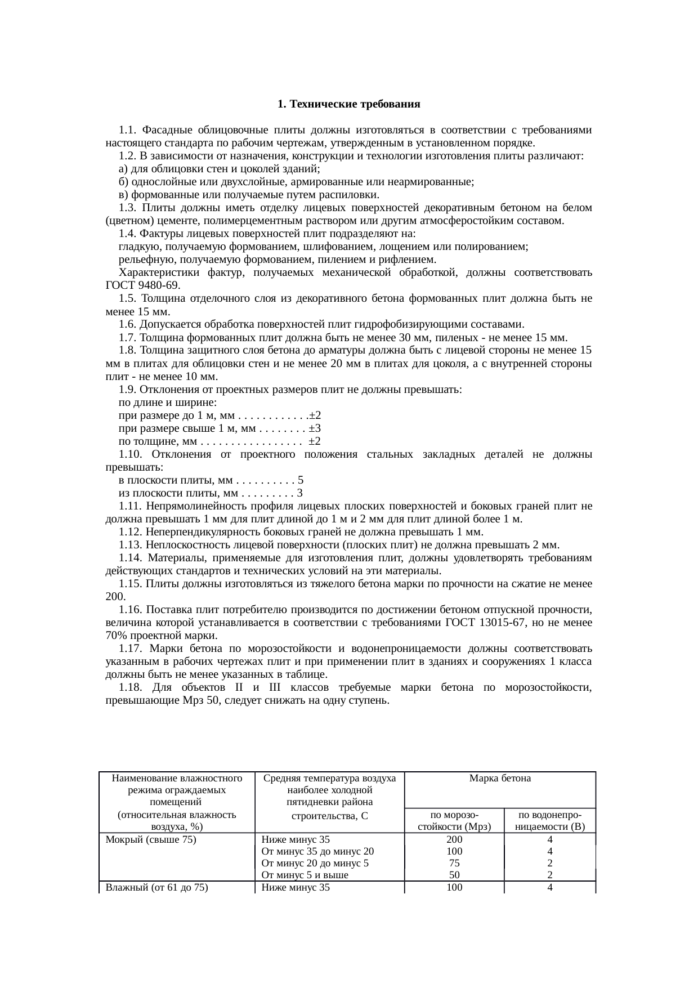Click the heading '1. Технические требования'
pos(349,105)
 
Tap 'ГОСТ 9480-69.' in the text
pos(143,285)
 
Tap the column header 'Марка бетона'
pos(499,779)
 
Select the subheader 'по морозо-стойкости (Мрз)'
pos(454,820)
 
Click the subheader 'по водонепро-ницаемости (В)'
pos(549,820)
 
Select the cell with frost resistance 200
pos(454,839)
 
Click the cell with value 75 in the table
pos(454,863)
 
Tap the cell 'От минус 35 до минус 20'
pos(317,851)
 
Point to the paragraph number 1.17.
pos(130,649)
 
